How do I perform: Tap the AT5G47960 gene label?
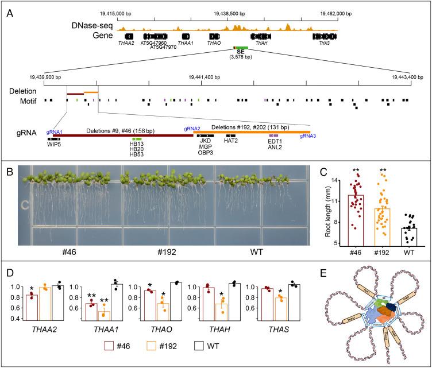(x=153, y=43)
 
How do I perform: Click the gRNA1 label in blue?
(x=55, y=131)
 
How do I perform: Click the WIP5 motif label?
(x=55, y=144)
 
